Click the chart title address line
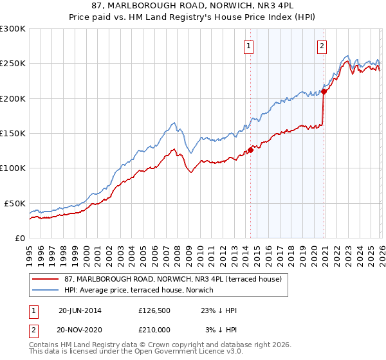(x=193, y=7)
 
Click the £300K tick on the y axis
(x=12, y=29)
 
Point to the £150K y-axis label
(x=12, y=134)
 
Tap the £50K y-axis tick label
(x=14, y=203)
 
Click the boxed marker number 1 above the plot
(x=249, y=46)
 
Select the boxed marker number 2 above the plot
(x=322, y=46)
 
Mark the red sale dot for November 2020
(x=324, y=91)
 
